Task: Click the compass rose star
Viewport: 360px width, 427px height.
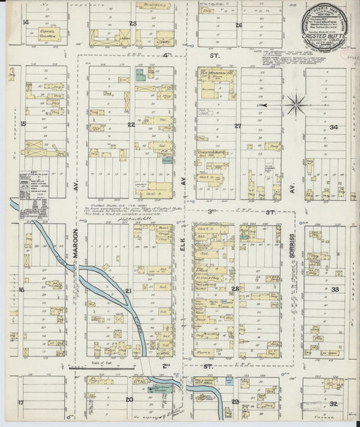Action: pos(295,105)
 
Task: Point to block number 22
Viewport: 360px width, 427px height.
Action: pos(131,124)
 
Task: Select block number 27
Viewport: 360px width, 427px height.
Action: pos(238,126)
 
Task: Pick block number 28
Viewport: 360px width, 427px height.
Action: pos(235,289)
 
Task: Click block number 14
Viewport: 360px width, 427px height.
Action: pos(26,22)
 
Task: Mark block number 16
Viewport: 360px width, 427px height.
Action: pos(22,290)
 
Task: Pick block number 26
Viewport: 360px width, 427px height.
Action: pos(238,25)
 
